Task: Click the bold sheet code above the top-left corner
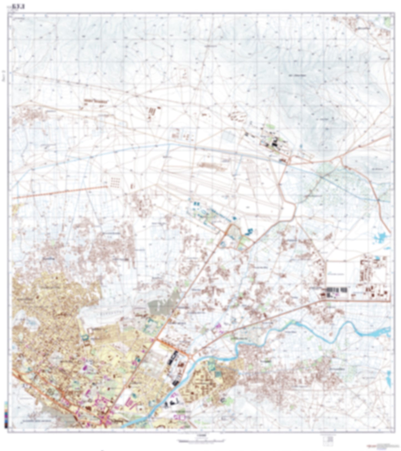21,7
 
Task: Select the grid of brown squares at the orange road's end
115,182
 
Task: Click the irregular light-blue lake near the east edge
380,237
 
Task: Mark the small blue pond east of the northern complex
301,145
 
